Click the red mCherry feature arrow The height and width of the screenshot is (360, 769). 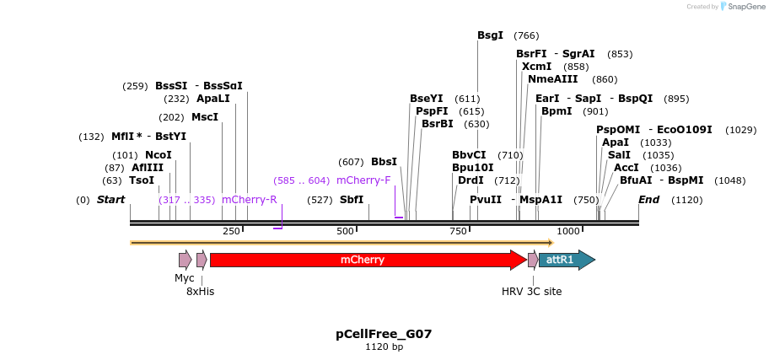pyautogui.click(x=363, y=260)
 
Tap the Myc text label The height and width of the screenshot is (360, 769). pyautogui.click(x=185, y=278)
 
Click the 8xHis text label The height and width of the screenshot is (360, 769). pyautogui.click(x=200, y=292)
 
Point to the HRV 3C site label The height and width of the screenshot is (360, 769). pyautogui.click(x=531, y=292)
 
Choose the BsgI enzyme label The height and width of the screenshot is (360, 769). pyautogui.click(x=490, y=35)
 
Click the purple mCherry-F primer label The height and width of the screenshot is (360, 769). pyautogui.click(x=363, y=180)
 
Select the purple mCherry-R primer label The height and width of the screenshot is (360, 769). pyautogui.click(x=249, y=200)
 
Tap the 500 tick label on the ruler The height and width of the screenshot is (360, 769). pyautogui.click(x=346, y=231)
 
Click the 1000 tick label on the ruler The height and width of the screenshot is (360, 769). pyautogui.click(x=568, y=231)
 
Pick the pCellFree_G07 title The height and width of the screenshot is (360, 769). pyautogui.click(x=384, y=334)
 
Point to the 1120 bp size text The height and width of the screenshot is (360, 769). pyautogui.click(x=384, y=347)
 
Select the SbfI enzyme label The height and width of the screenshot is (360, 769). pyautogui.click(x=352, y=200)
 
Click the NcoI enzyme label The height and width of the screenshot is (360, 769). pyautogui.click(x=158, y=155)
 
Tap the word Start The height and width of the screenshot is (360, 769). pyautogui.click(x=110, y=200)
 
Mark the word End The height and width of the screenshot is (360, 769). pyautogui.click(x=648, y=200)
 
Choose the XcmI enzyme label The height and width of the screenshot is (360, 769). pyautogui.click(x=536, y=67)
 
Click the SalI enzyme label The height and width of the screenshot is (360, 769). pyautogui.click(x=619, y=155)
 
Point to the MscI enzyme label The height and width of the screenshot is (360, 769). pyautogui.click(x=205, y=117)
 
